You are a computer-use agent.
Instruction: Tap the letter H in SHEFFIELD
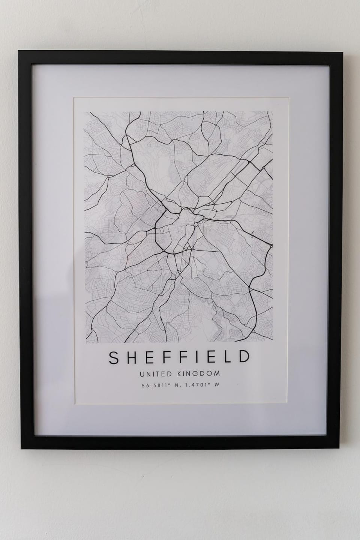tap(132, 358)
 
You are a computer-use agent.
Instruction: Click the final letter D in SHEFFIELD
tap(243, 358)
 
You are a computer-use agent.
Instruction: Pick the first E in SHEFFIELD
tap(150, 358)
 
